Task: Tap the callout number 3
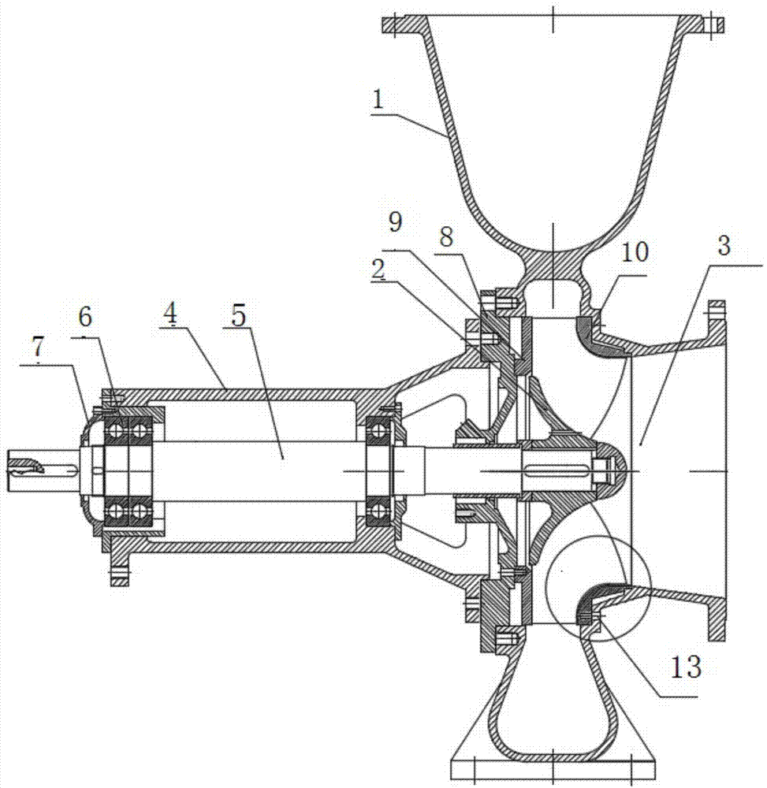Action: pos(724,246)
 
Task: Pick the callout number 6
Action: pos(85,318)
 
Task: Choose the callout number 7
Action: pos(39,351)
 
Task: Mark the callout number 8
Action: pos(446,237)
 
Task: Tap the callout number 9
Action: pos(396,221)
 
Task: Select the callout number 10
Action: pos(635,252)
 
